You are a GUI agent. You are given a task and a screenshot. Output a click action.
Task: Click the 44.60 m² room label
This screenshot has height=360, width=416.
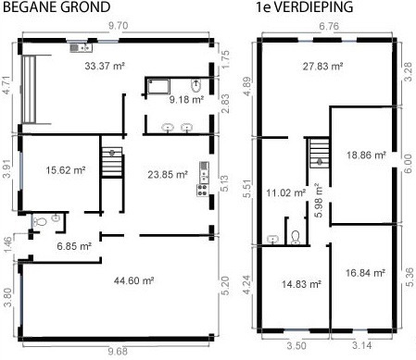coord(132,279)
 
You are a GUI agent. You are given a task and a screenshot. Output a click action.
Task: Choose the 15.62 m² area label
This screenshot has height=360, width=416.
coord(65,170)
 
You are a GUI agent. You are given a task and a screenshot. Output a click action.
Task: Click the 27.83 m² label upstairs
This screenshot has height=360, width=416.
coord(322,67)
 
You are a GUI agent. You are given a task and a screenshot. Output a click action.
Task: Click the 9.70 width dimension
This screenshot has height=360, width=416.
coord(118,29)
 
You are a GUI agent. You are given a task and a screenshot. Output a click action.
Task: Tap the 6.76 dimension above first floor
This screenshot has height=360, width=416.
coord(329,28)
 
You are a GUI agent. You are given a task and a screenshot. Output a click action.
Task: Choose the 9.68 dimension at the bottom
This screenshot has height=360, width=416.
coord(117,352)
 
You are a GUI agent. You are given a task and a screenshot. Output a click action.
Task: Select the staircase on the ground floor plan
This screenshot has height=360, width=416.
coord(111,164)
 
